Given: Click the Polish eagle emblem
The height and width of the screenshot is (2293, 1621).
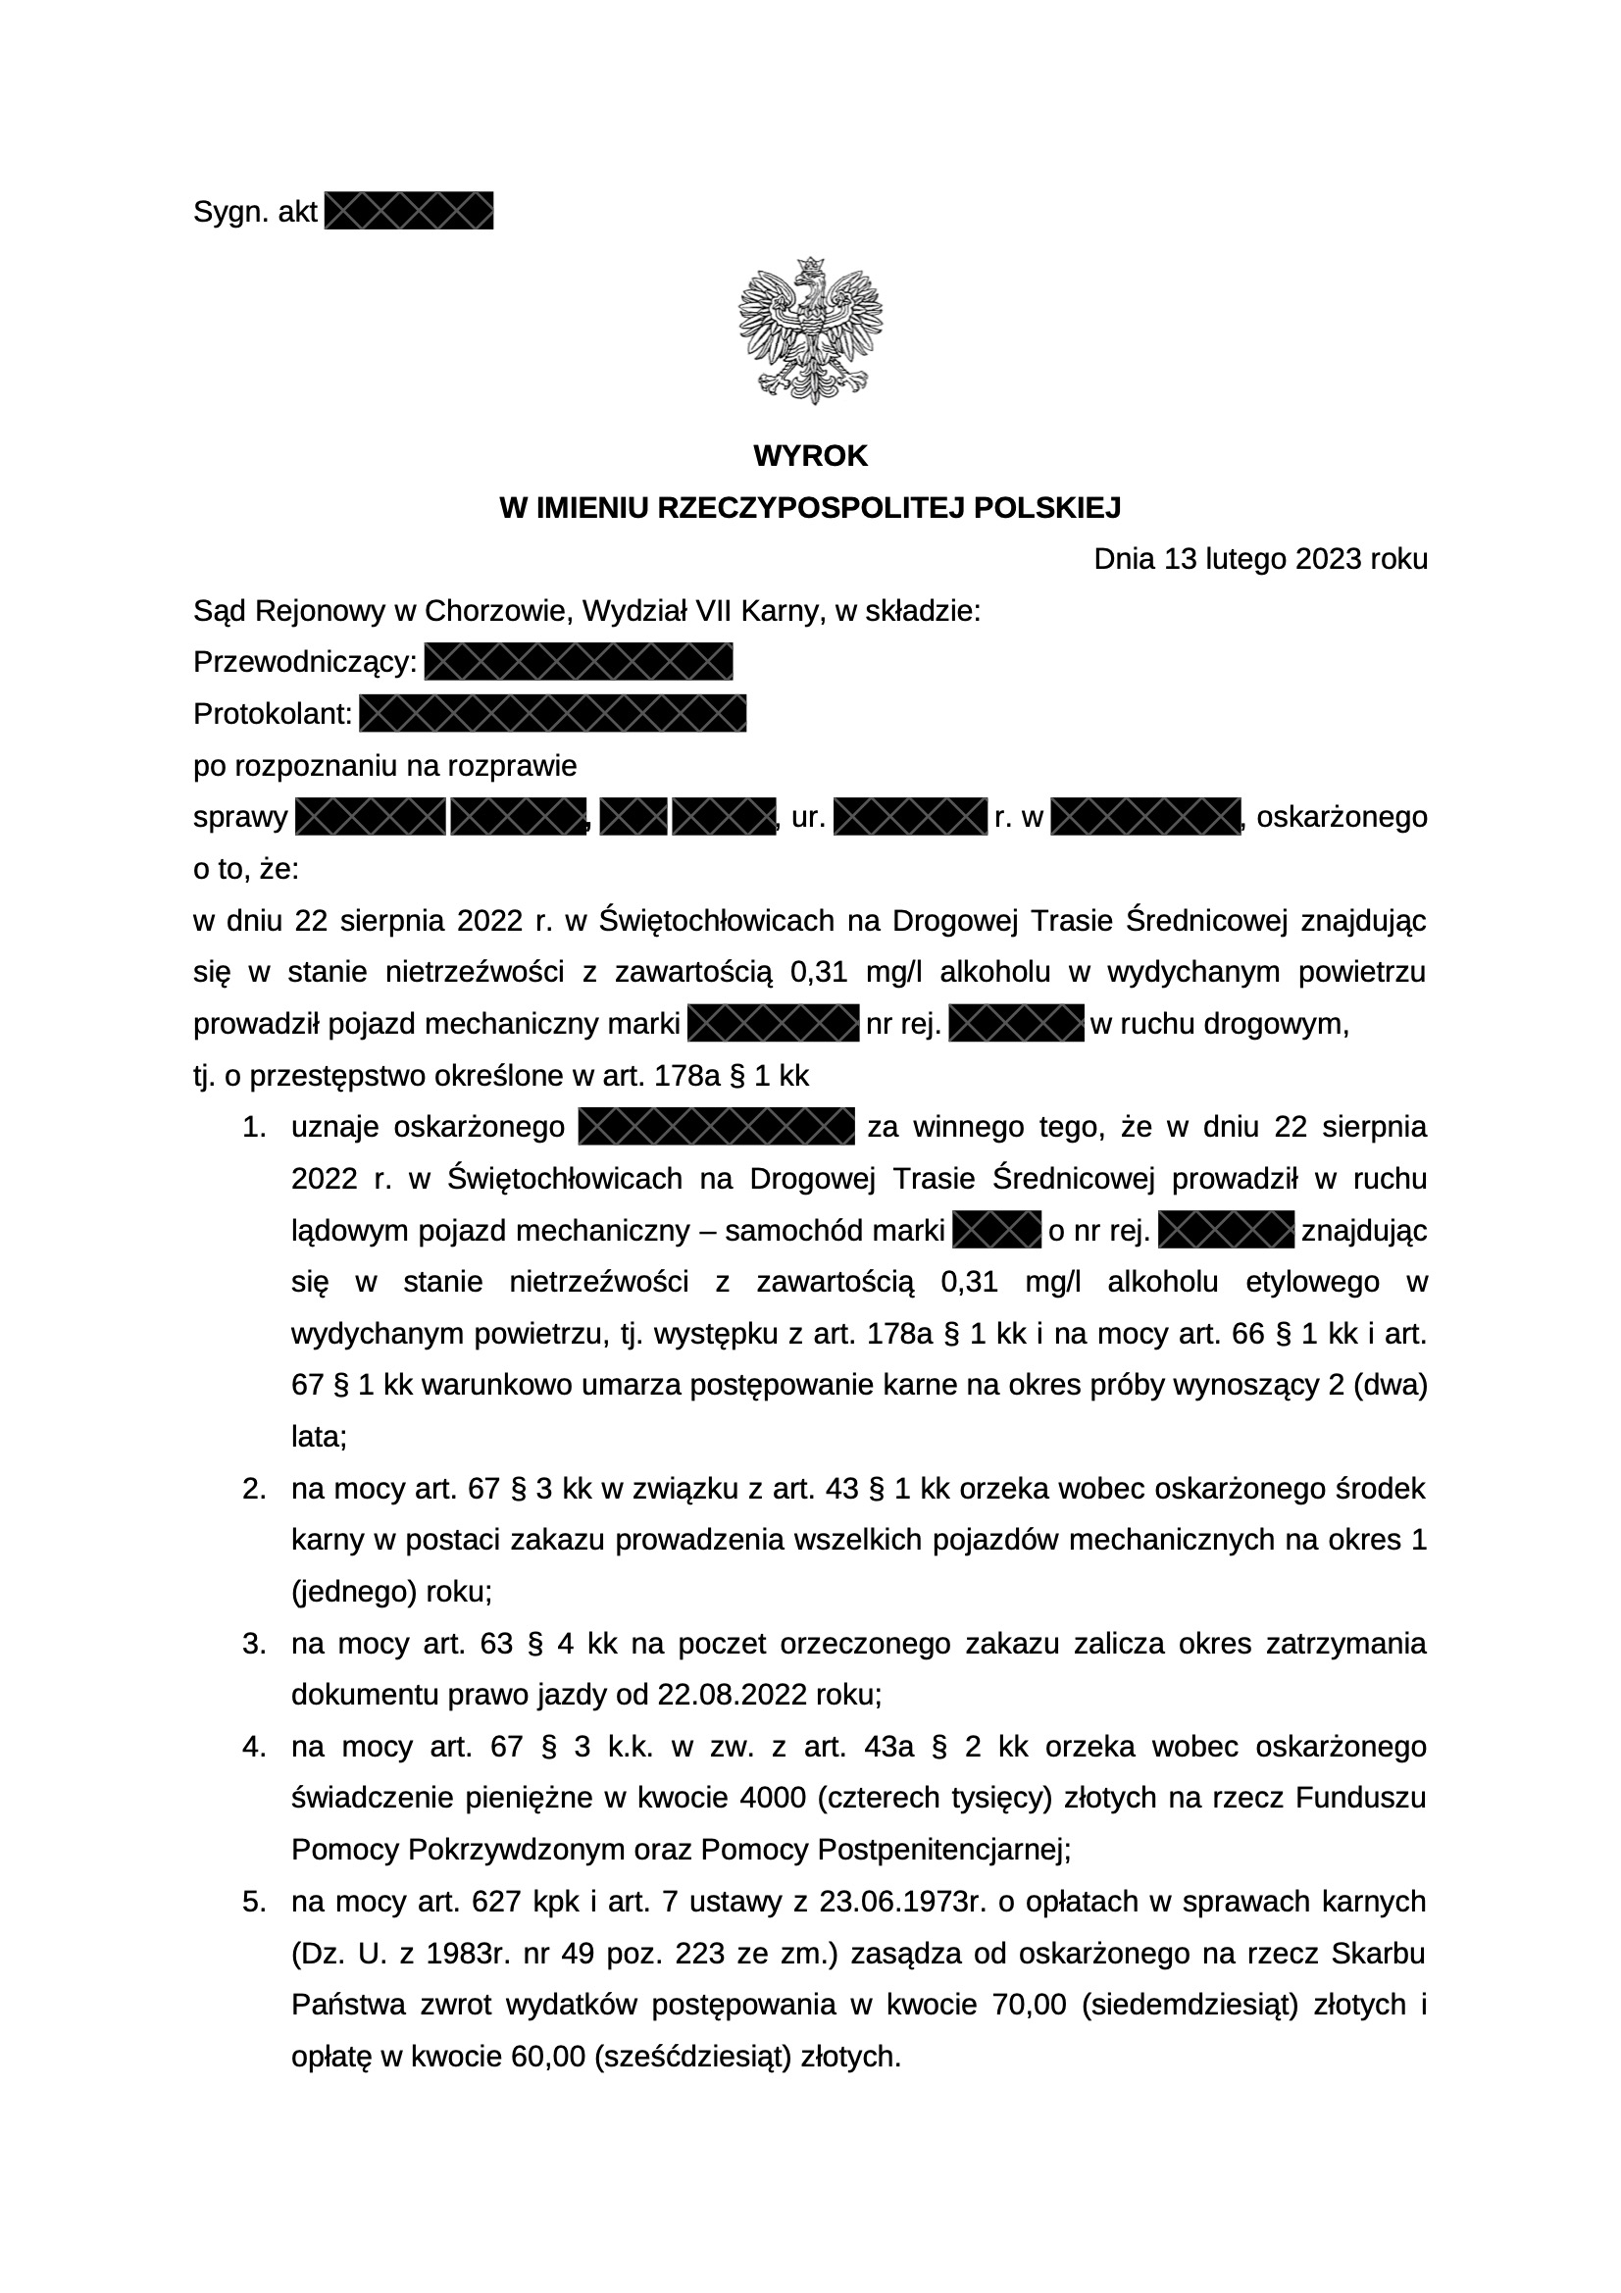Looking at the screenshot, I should (x=810, y=331).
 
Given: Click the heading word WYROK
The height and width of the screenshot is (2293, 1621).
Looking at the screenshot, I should (x=810, y=456).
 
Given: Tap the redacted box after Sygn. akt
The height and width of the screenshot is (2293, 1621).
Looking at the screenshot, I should (x=410, y=212).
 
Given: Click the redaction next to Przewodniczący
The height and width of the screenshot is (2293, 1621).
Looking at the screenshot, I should (x=579, y=663).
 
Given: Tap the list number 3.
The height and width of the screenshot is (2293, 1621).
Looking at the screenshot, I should (x=254, y=1644).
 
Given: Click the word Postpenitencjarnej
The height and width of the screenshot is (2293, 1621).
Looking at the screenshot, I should (x=943, y=1851).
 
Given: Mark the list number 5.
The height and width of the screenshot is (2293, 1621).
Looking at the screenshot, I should (x=254, y=1902).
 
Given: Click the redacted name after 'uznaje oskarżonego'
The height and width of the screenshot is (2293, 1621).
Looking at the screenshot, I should (x=716, y=1128).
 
